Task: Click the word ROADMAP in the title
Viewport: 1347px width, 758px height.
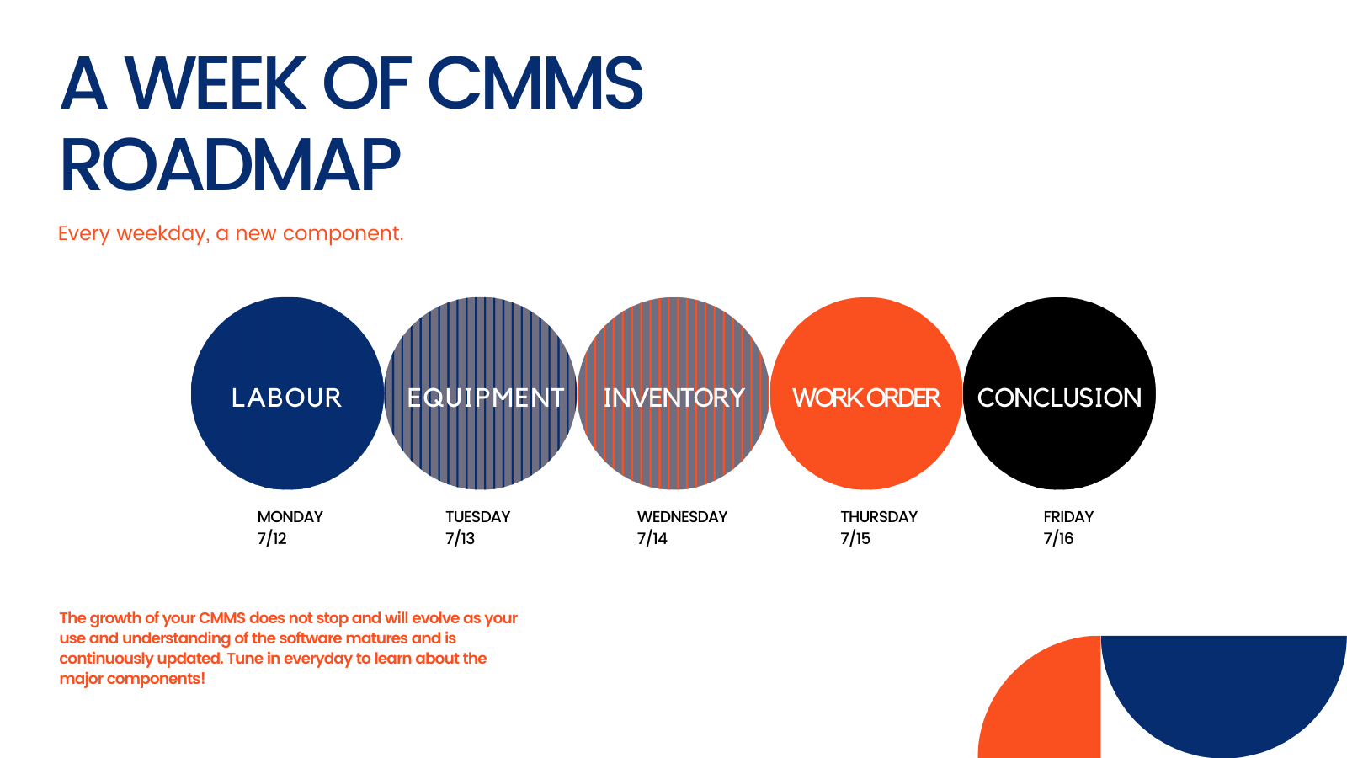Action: pyautogui.click(x=230, y=166)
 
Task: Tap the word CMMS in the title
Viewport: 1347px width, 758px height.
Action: pyautogui.click(x=535, y=84)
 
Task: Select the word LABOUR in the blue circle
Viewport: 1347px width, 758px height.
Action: pyautogui.click(x=287, y=398)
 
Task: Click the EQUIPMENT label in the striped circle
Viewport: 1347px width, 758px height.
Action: pyautogui.click(x=485, y=398)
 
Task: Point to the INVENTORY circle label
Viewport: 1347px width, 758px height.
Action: pyautogui.click(x=673, y=398)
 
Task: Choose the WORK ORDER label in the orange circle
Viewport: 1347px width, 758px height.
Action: pyautogui.click(x=866, y=398)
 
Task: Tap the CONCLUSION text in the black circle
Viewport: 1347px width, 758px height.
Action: pyautogui.click(x=1059, y=398)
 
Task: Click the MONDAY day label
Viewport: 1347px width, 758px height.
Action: pyautogui.click(x=290, y=517)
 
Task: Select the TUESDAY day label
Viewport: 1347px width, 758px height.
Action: pyautogui.click(x=478, y=517)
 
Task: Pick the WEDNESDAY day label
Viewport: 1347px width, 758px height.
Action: pyautogui.click(x=682, y=517)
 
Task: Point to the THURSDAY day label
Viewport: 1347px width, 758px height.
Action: pyautogui.click(x=879, y=517)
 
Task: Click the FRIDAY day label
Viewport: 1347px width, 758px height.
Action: pyautogui.click(x=1068, y=517)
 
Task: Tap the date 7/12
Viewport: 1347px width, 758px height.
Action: pyautogui.click(x=272, y=539)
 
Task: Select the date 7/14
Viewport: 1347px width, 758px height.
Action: pyautogui.click(x=652, y=539)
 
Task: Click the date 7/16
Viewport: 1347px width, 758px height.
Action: pyautogui.click(x=1058, y=539)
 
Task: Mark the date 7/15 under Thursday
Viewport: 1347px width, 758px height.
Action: pyautogui.click(x=855, y=539)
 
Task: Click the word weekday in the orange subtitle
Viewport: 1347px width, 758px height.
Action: pyautogui.click(x=161, y=233)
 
